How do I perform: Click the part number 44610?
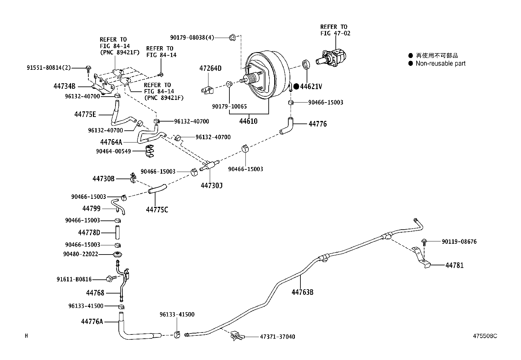[248, 121]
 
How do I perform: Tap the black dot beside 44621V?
[296, 86]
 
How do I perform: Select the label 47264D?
[210, 68]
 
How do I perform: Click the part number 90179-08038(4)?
[192, 38]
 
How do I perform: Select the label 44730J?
[211, 186]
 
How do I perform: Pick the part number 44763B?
[302, 292]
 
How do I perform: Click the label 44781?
[454, 265]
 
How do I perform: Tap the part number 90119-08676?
[459, 242]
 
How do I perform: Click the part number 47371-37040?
[277, 337]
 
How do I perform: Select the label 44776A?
[92, 322]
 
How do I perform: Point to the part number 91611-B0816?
[74, 279]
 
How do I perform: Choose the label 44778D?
[89, 233]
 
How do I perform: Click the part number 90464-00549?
[113, 151]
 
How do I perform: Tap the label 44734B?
[64, 86]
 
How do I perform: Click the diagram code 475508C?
[484, 336]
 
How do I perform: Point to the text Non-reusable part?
[440, 64]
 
